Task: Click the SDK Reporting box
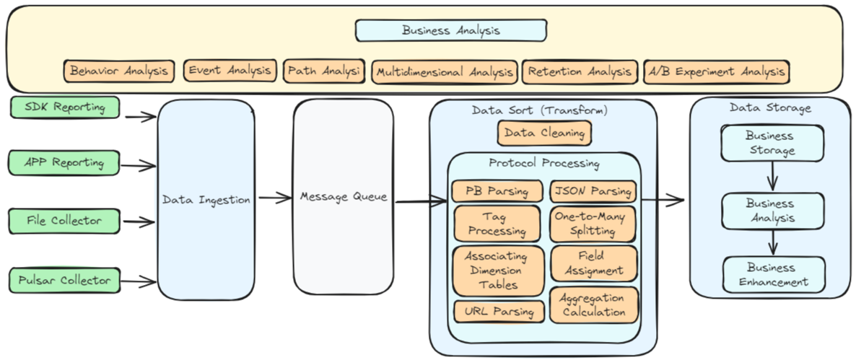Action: coord(65,107)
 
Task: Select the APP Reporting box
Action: coord(65,162)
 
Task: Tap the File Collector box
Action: coord(65,220)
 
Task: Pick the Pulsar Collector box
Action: coord(65,280)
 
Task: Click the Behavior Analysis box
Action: coord(119,71)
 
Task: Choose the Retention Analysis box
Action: coord(580,71)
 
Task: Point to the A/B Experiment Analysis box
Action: coord(715,71)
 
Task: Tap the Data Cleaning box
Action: coord(544,133)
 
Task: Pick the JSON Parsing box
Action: coord(593,191)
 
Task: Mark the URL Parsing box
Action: coord(499,312)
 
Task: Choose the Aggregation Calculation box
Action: coord(594,305)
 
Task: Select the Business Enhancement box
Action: coord(774,275)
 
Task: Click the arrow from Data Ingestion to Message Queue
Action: coord(274,197)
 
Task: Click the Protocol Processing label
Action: coord(543,164)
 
